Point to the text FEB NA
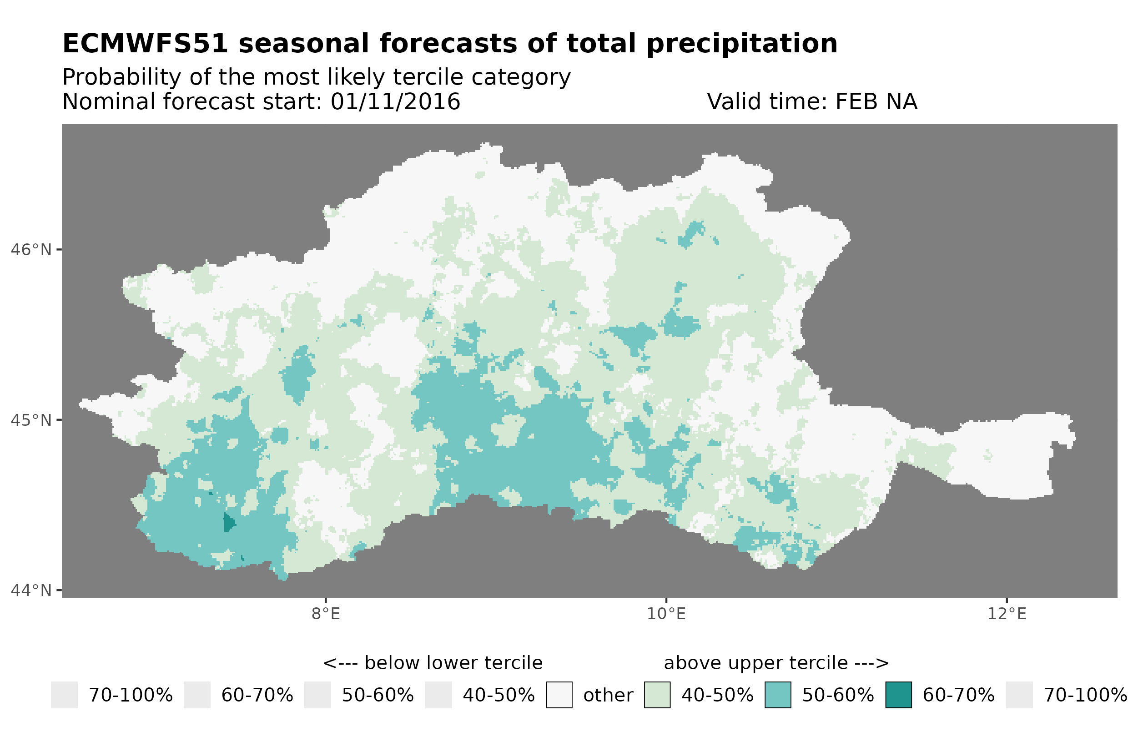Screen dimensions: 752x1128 [x=876, y=101]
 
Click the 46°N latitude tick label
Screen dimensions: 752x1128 [x=30, y=250]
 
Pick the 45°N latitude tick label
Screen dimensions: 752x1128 [x=30, y=420]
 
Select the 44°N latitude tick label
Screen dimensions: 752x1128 [x=30, y=590]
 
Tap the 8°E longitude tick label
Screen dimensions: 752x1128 [x=326, y=614]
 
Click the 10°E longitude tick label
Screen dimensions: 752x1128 [x=666, y=614]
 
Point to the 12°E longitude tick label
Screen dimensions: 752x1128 [x=1006, y=614]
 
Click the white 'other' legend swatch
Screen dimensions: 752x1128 [x=559, y=695]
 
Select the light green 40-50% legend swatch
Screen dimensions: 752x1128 [x=657, y=695]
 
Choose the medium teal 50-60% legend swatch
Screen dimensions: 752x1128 [x=778, y=695]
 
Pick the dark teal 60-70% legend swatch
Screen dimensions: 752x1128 [x=898, y=695]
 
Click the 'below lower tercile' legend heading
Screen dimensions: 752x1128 [x=433, y=663]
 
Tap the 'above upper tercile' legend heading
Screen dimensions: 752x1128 [x=776, y=663]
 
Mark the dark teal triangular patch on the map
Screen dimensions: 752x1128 [x=229, y=522]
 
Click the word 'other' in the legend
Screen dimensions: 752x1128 [x=608, y=696]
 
